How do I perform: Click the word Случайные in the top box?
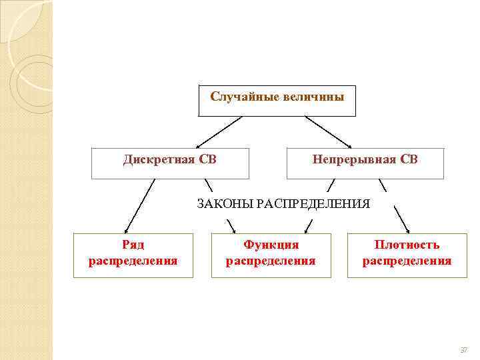pos(239,97)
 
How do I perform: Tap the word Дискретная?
pos(159,159)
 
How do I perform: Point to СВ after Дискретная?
pos(207,159)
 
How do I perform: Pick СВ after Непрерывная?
pos(407,159)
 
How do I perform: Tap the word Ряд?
pos(133,245)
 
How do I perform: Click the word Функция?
pos(271,245)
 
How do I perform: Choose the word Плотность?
pos(407,245)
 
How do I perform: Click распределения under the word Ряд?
pos(133,261)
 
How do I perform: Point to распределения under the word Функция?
pos(271,261)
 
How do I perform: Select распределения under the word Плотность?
pos(407,261)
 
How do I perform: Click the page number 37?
pos(464,349)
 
